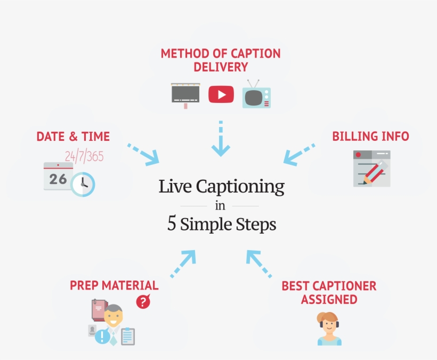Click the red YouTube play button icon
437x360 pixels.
coord(221,94)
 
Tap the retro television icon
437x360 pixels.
coord(256,94)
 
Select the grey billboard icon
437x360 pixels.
coord(185,94)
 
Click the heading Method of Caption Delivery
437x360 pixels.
coord(221,60)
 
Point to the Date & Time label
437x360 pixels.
coord(73,137)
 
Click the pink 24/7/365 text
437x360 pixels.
coord(84,156)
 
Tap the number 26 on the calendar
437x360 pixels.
coord(58,179)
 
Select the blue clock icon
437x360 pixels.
coord(83,184)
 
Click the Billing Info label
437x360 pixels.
coord(370,137)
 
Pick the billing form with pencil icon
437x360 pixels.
coord(371,169)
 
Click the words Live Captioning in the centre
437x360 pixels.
coord(221,187)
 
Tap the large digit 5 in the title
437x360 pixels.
coord(172,224)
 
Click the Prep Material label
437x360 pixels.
coord(114,285)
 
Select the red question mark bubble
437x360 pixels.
coord(143,302)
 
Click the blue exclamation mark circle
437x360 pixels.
coord(102,337)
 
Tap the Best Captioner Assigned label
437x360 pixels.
coord(329,292)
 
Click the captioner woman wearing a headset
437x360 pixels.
coord(329,328)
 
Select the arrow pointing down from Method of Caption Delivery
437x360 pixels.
coord(221,140)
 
